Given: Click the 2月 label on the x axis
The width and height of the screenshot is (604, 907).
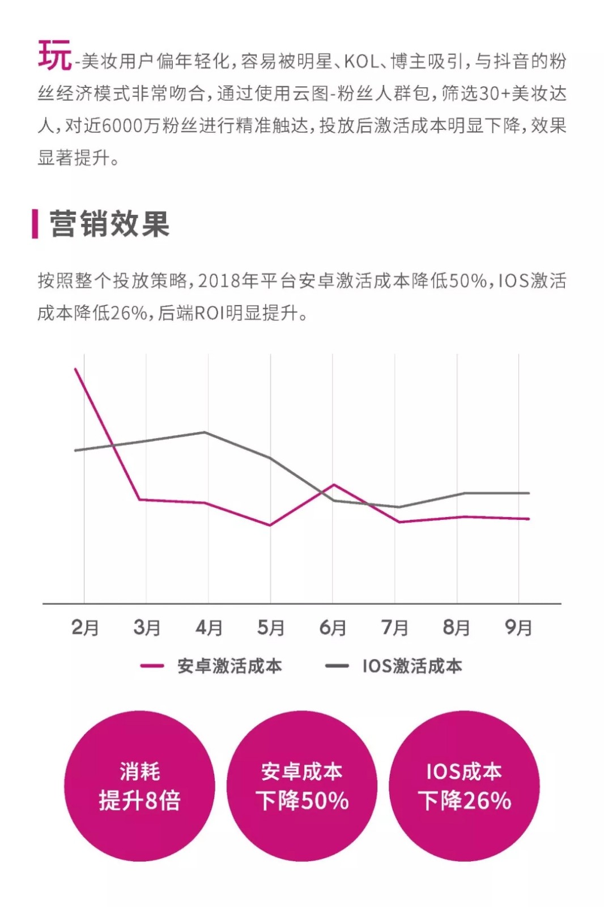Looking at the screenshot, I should pos(85,628).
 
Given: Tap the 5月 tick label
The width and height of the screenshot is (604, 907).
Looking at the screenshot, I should pos(271,628).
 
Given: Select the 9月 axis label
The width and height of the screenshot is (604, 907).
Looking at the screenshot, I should pos(518,628).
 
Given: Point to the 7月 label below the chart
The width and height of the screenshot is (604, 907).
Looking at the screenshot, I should pos(395,628).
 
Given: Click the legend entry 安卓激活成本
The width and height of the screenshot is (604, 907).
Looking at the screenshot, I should pos(229,666).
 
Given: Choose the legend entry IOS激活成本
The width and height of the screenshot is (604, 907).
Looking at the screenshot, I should pos(412,666).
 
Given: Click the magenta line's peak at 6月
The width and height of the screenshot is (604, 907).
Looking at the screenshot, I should pos(334,485).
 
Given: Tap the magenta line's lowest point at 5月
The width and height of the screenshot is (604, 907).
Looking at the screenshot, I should pos(270,525).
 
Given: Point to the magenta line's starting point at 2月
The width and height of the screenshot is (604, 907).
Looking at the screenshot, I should pos(76,369).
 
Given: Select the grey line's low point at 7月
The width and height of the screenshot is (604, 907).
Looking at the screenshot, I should pos(398,507).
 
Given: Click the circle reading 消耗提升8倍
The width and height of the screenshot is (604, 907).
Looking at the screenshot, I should pos(139,786).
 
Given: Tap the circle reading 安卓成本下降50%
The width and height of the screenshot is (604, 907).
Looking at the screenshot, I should pos(302,786).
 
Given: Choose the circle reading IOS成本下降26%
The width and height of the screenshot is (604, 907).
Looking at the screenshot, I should pos(465,786).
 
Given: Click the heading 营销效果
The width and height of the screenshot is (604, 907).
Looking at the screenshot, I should pos(109,224).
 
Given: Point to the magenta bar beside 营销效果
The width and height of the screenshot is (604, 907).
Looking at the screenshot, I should pos(35,224).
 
